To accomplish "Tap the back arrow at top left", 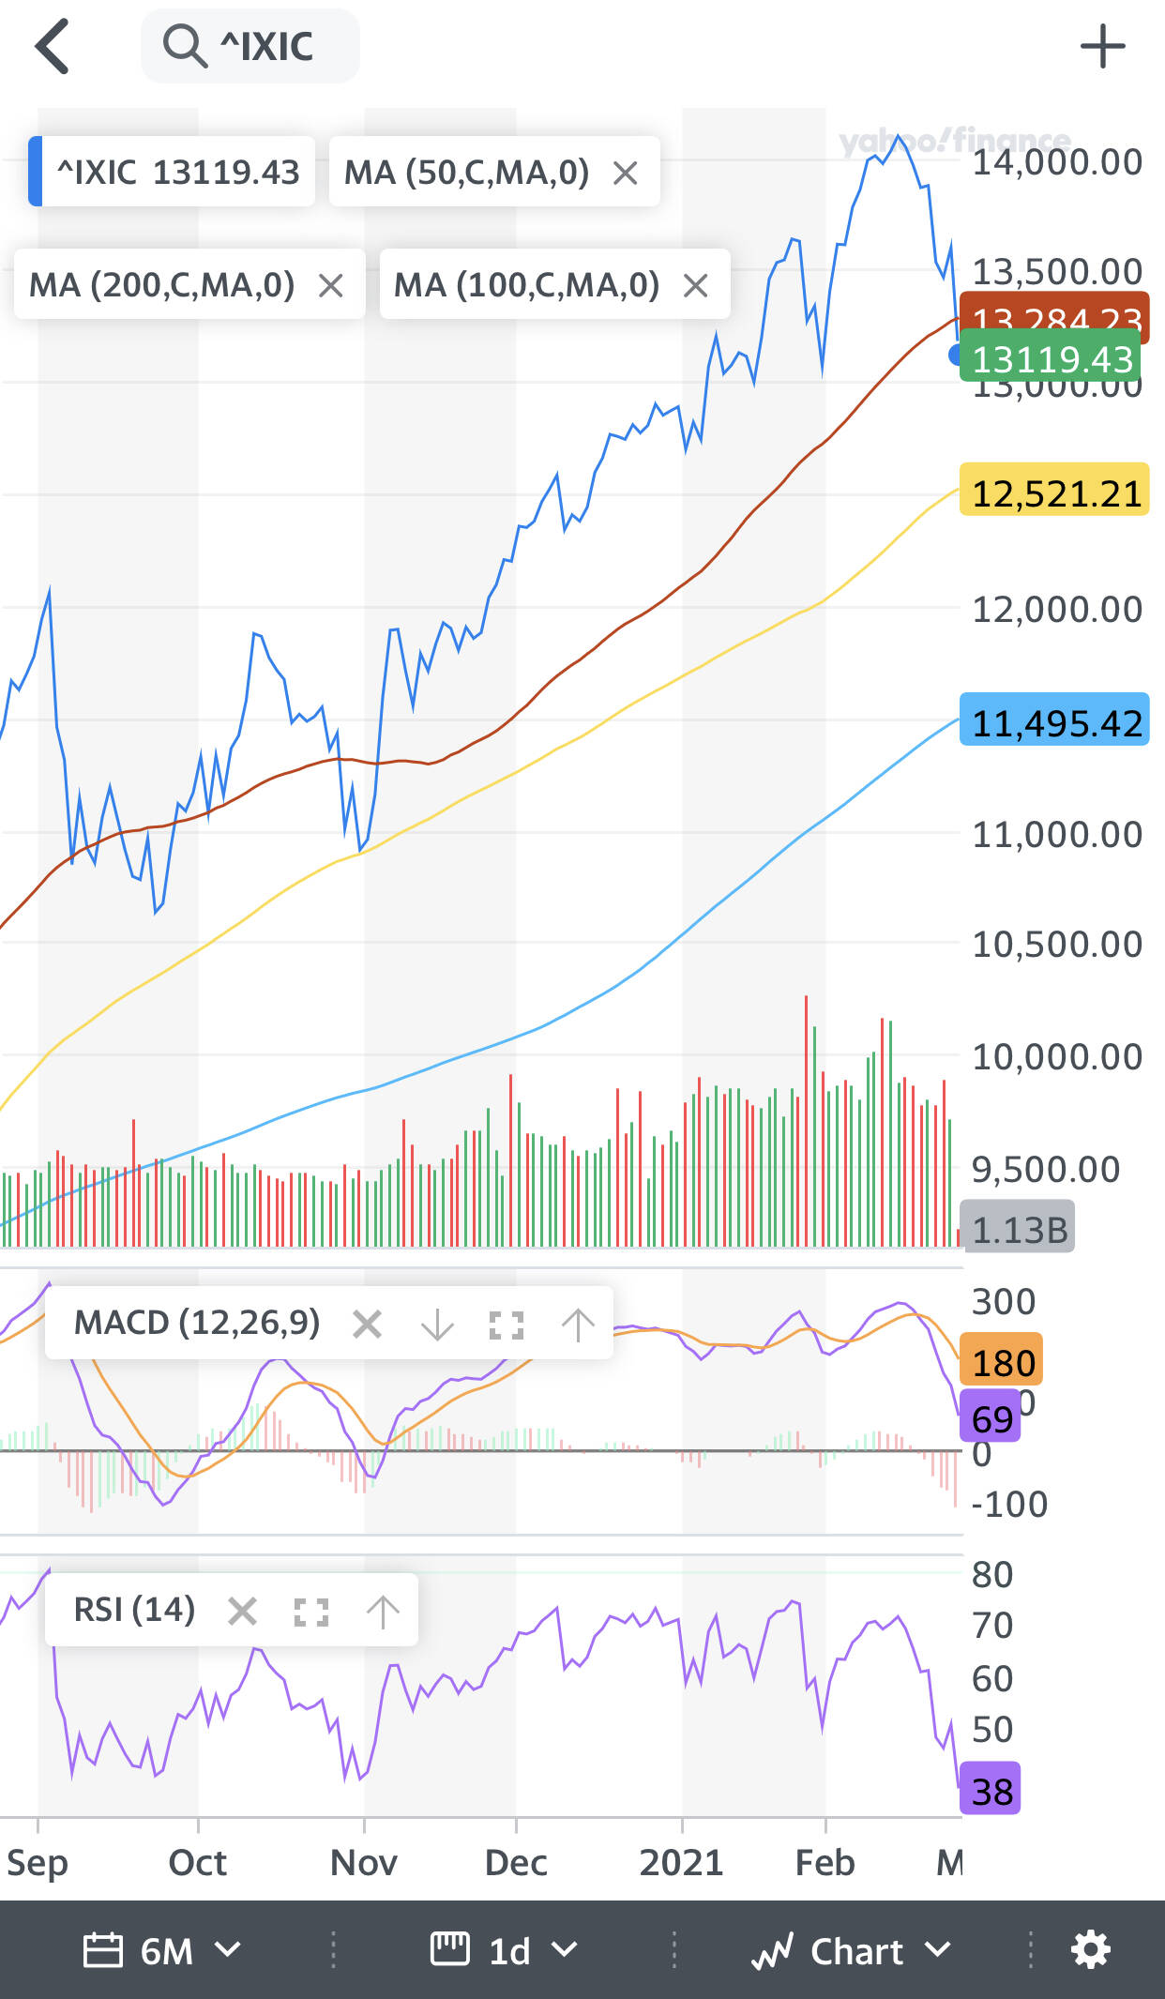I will pyautogui.click(x=53, y=46).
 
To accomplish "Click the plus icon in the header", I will pyautogui.click(x=1102, y=47).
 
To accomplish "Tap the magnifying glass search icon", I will pyautogui.click(x=184, y=46).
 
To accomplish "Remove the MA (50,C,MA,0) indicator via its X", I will pyautogui.click(x=625, y=173).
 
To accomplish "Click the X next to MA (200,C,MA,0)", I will pyautogui.click(x=330, y=285).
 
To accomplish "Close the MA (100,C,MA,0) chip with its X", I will pyautogui.click(x=695, y=285).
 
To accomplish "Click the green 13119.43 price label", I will pyautogui.click(x=1052, y=359).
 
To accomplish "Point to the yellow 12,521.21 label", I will pyautogui.click(x=1055, y=493).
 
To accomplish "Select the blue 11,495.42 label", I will pyautogui.click(x=1055, y=723).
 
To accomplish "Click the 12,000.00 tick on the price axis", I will pyautogui.click(x=1056, y=610).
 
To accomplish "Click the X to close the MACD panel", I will pyautogui.click(x=367, y=1325).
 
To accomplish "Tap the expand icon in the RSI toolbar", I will pyautogui.click(x=310, y=1612).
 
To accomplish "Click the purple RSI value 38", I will pyautogui.click(x=991, y=1792).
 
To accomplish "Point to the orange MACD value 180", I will pyautogui.click(x=1002, y=1362).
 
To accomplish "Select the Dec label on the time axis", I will pyautogui.click(x=516, y=1862).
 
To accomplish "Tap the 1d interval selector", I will pyautogui.click(x=505, y=1951).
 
